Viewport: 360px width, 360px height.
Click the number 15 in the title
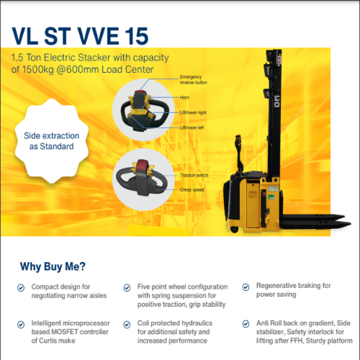(x=137, y=36)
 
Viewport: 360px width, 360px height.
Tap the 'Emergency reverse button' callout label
(x=194, y=80)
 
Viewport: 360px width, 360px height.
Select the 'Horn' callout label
(x=184, y=97)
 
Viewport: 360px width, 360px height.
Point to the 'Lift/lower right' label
(x=193, y=112)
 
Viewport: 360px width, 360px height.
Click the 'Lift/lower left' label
(x=192, y=127)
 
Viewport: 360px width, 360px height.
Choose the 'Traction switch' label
(x=194, y=175)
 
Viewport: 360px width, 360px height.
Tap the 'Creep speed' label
(x=192, y=189)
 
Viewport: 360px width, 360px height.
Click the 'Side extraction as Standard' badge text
(x=52, y=141)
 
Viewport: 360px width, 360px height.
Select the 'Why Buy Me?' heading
(x=53, y=266)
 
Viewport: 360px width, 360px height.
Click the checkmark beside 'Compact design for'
(x=21, y=287)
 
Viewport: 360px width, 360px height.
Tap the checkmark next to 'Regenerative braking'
(x=246, y=287)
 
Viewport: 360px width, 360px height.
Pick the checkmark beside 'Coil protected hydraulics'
(x=127, y=325)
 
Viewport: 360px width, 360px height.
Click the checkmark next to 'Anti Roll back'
(x=246, y=324)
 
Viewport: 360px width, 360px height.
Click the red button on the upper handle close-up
(x=138, y=91)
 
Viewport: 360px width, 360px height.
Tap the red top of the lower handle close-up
(x=141, y=166)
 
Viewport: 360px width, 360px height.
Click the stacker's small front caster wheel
(x=234, y=230)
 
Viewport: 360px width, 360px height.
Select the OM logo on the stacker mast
(x=276, y=101)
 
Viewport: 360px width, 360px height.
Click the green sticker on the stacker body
(x=271, y=197)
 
